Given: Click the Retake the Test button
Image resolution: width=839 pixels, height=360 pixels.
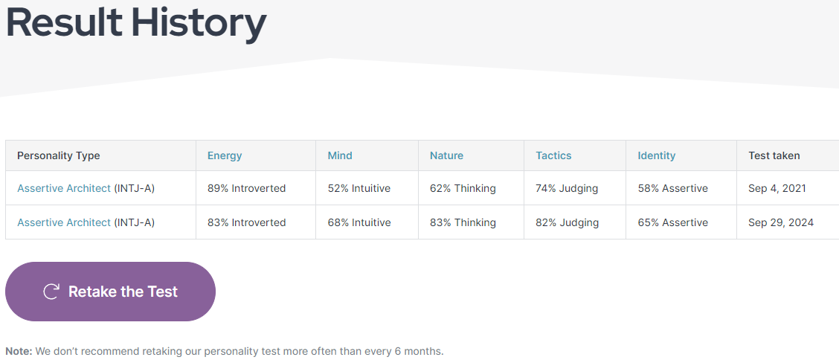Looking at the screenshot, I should pyautogui.click(x=110, y=292).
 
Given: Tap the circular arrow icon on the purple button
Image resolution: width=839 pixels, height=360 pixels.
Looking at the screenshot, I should pyautogui.click(x=51, y=292).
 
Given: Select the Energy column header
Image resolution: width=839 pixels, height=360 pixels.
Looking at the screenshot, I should pyautogui.click(x=225, y=155).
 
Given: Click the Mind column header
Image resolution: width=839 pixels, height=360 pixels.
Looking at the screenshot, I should pyautogui.click(x=340, y=155).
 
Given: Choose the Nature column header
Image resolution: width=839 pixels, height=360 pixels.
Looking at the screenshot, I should pyautogui.click(x=446, y=155).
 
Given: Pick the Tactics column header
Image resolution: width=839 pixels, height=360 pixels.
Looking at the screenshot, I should pyautogui.click(x=553, y=155).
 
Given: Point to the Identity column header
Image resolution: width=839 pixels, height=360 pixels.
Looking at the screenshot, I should pyautogui.click(x=656, y=155).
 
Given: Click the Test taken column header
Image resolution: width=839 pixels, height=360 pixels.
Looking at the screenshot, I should pyautogui.click(x=774, y=155).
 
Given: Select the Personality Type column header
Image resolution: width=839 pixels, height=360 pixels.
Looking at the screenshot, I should pyautogui.click(x=59, y=155).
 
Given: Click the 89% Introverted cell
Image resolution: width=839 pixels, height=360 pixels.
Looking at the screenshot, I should pyautogui.click(x=246, y=188).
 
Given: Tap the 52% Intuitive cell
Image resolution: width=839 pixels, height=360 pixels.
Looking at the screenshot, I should pyautogui.click(x=359, y=188).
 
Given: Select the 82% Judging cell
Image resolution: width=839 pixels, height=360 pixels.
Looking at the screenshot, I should pyautogui.click(x=567, y=222).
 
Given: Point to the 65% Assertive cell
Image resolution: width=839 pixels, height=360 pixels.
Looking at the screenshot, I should pyautogui.click(x=672, y=222).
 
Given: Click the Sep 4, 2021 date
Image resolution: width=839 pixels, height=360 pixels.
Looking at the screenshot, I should pyautogui.click(x=777, y=188).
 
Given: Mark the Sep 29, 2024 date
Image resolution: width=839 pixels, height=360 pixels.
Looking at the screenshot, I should pyautogui.click(x=781, y=222).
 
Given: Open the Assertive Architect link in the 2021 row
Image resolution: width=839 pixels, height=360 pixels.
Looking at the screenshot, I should pyautogui.click(x=64, y=188).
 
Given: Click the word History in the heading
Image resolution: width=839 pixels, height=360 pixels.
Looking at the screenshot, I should pyautogui.click(x=199, y=22).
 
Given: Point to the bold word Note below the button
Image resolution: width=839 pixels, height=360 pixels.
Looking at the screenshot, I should pyautogui.click(x=19, y=351).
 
